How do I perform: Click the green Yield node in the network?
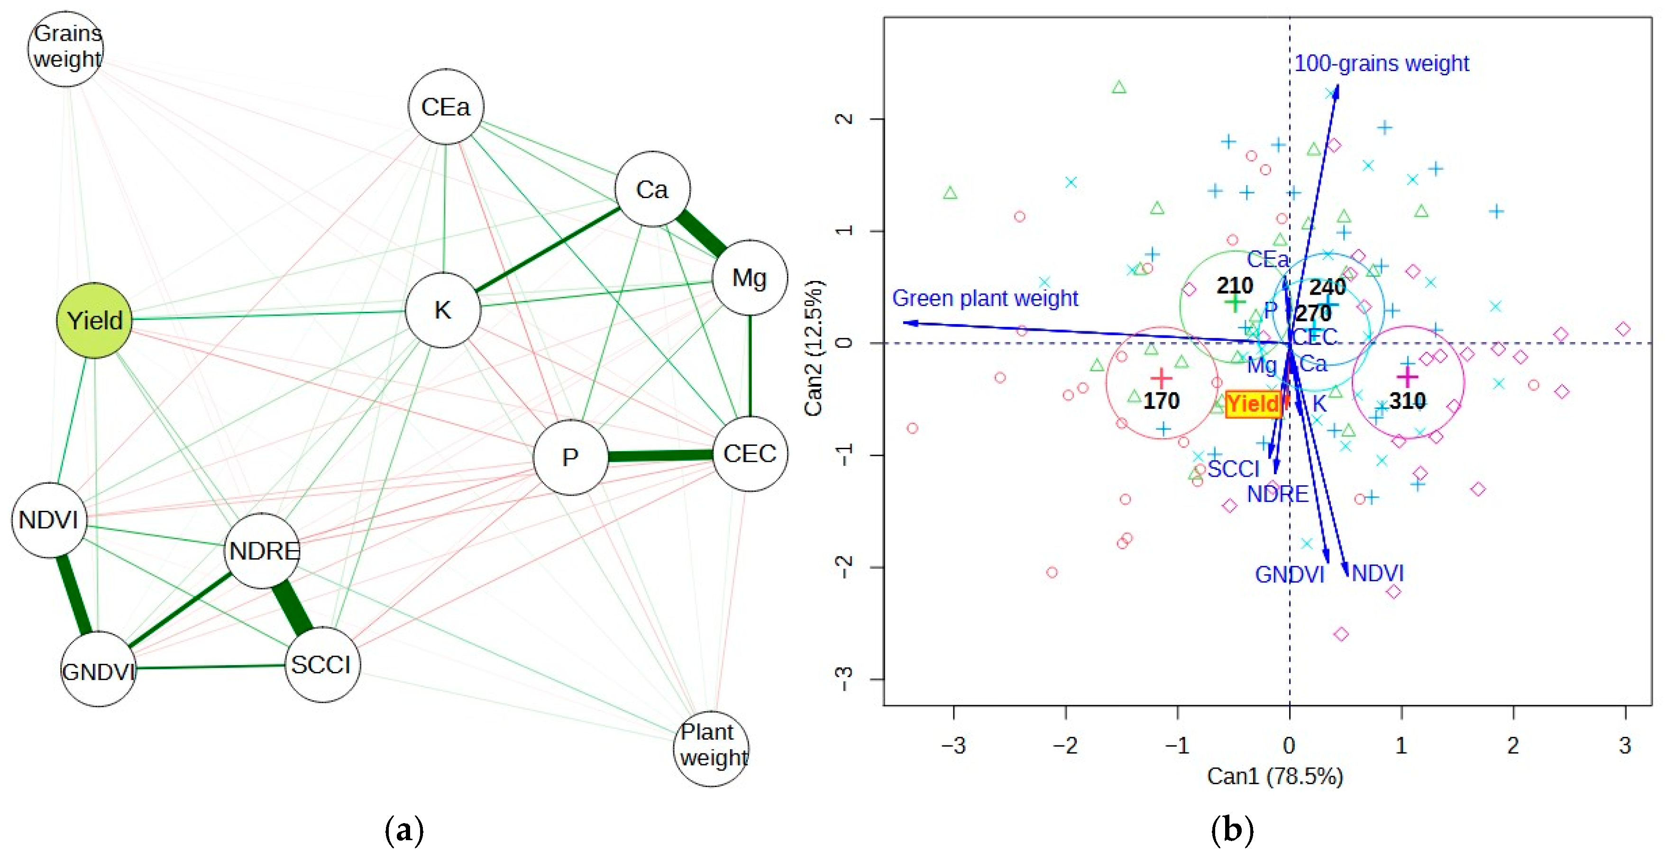[94, 320]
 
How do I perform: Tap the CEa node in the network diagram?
[445, 107]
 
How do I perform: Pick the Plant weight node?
[712, 748]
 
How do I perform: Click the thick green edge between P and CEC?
[660, 456]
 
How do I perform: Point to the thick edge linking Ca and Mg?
[701, 234]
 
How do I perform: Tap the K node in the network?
[443, 310]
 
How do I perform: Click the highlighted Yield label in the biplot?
[1253, 404]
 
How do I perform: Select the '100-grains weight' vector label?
[1382, 63]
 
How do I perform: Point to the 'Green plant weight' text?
[984, 298]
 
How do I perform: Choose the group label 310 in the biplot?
[1407, 401]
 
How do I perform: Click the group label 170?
[1161, 401]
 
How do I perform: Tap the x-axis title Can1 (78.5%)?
[1275, 776]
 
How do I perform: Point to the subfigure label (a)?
[404, 830]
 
